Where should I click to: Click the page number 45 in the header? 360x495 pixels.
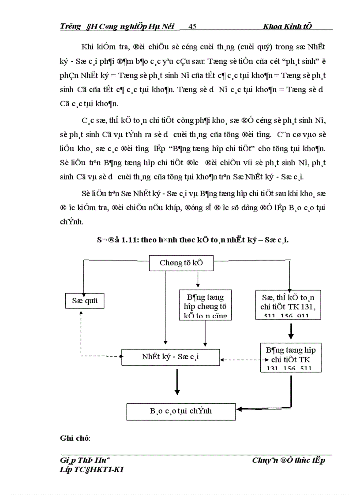point(192,26)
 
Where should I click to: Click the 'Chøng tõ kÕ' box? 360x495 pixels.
point(181,264)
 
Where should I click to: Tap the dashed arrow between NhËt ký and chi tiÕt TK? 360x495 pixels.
point(241,360)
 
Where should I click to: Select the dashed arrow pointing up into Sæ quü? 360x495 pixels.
point(81,331)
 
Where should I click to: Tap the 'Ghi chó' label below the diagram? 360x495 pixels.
point(75,439)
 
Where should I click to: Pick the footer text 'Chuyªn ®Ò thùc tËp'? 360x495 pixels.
point(289,461)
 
